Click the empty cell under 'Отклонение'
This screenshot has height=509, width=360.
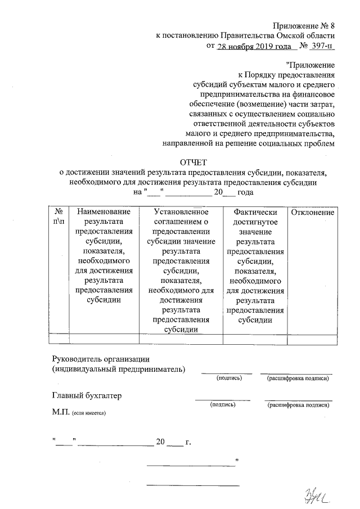313,338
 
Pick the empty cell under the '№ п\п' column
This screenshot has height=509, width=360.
58,338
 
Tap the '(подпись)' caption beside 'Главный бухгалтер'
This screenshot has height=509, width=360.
222,404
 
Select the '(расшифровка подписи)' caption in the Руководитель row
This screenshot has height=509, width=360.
298,379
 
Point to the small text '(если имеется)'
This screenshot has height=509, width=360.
89,413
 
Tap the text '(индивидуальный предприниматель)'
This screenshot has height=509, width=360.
118,369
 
